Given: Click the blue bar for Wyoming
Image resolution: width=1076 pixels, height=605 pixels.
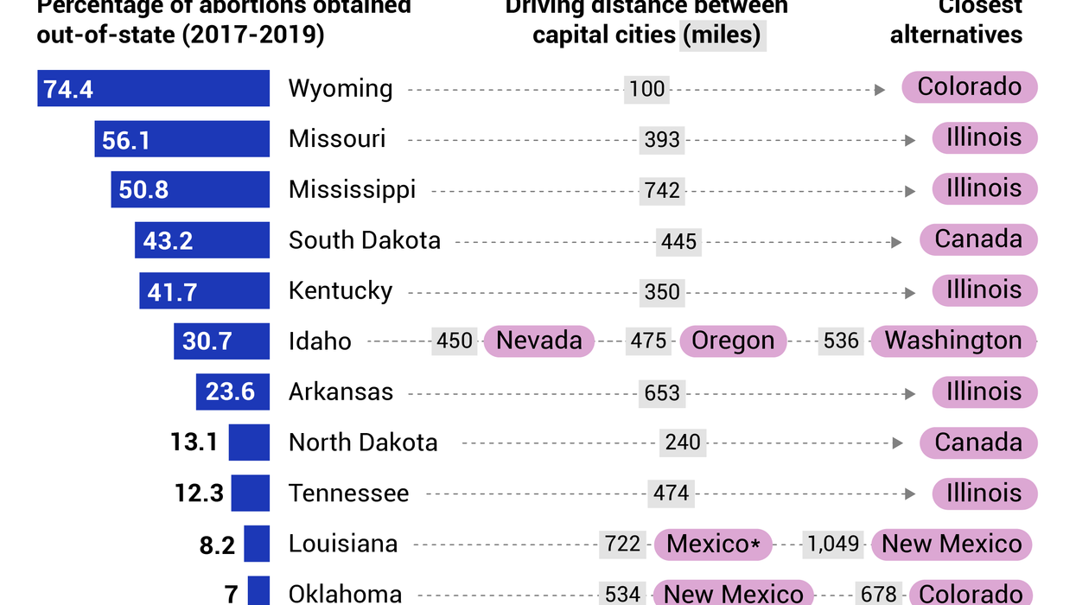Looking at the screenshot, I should [153, 88].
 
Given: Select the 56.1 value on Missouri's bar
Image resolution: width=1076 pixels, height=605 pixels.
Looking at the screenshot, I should [126, 140].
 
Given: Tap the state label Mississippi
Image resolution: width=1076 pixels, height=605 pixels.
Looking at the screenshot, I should [352, 190].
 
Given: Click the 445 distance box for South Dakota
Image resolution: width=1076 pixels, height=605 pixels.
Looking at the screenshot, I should [678, 241].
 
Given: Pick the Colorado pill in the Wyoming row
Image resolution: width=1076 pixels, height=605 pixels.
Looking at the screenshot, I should [969, 87].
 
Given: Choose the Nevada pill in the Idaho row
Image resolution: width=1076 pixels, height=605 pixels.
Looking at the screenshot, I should [539, 341].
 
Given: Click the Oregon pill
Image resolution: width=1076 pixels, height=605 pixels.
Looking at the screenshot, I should [733, 341].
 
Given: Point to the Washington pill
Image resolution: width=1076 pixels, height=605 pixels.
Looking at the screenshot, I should [952, 341].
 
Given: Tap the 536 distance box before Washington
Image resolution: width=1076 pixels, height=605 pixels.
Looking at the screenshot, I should [841, 341].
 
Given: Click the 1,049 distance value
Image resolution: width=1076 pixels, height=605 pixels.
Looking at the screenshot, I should [833, 544].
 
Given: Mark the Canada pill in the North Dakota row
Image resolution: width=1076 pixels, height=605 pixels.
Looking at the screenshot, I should [977, 443].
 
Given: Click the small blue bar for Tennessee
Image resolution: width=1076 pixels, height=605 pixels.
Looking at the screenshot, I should [250, 493].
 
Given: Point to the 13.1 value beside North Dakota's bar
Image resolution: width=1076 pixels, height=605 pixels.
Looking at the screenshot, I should [194, 443].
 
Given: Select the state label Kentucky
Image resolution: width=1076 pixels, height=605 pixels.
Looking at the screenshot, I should [341, 291].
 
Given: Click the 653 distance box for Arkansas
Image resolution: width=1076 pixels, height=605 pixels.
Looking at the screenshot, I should [662, 392].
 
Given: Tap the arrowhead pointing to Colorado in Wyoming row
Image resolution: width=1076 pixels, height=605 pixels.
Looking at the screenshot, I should [880, 89].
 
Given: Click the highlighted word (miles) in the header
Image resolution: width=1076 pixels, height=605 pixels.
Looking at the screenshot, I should [723, 35].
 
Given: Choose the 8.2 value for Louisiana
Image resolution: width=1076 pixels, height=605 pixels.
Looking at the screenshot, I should [217, 544].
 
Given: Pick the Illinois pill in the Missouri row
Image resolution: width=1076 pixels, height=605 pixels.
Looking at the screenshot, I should [984, 138].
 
